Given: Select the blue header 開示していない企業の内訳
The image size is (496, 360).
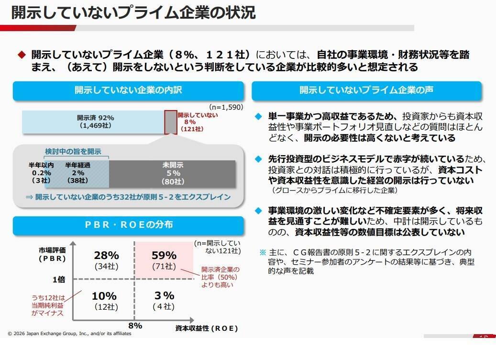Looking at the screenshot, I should [128, 90].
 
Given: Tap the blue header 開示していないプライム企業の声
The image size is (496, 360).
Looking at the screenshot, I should [366, 90].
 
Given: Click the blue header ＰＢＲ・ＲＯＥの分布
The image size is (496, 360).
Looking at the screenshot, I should [128, 225].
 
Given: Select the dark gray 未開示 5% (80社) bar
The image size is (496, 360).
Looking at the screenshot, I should [173, 173].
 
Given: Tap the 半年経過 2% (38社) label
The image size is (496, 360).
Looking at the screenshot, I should [77, 173].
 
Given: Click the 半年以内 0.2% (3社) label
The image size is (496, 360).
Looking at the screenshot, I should [42, 173].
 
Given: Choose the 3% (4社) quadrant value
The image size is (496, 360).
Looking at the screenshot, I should [164, 300].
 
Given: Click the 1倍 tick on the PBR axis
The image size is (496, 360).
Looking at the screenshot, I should [58, 279].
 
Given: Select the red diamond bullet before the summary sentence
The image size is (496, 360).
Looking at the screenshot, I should [22, 55].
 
